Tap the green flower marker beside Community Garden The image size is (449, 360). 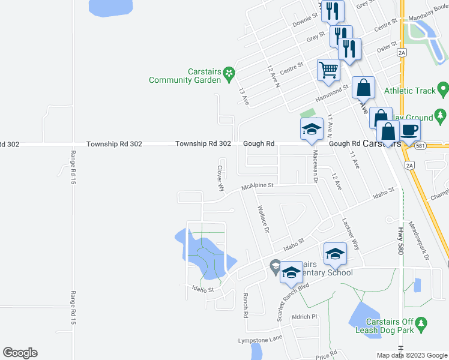pyautogui.click(x=229, y=74)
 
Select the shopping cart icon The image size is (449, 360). pyautogui.click(x=328, y=70)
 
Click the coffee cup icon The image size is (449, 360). pyautogui.click(x=410, y=129)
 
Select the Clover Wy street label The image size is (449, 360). pyautogui.click(x=220, y=178)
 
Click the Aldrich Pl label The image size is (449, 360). pyautogui.click(x=304, y=317)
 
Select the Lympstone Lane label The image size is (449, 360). pyautogui.click(x=260, y=339)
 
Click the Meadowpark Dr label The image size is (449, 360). pyautogui.click(x=420, y=241)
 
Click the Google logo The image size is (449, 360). pyautogui.click(x=20, y=353)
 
